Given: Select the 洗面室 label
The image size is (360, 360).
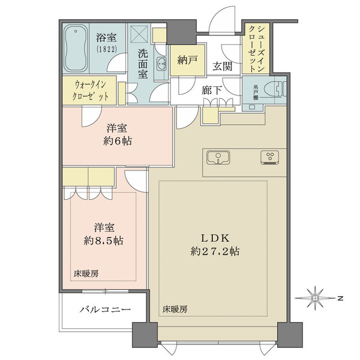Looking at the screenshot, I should tap(143, 63).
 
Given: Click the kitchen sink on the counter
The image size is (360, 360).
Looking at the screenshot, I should tap(217, 158).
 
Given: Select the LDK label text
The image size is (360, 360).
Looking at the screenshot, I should tap(212, 236).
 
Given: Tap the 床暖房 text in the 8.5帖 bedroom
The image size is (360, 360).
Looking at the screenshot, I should tap(87, 273).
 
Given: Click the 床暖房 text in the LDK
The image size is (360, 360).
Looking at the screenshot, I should tap(175, 310).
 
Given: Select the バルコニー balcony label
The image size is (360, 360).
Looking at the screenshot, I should tap(105, 310).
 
